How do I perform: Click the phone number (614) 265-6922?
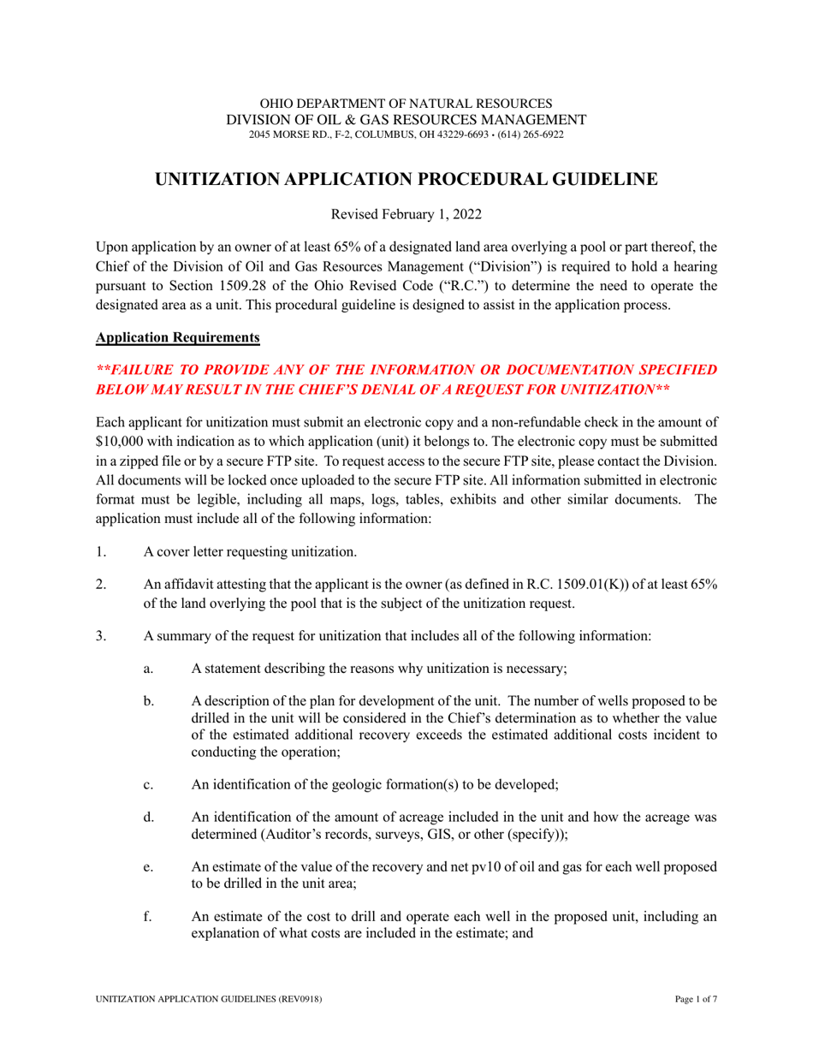point(535,134)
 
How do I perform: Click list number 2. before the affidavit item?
point(102,584)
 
